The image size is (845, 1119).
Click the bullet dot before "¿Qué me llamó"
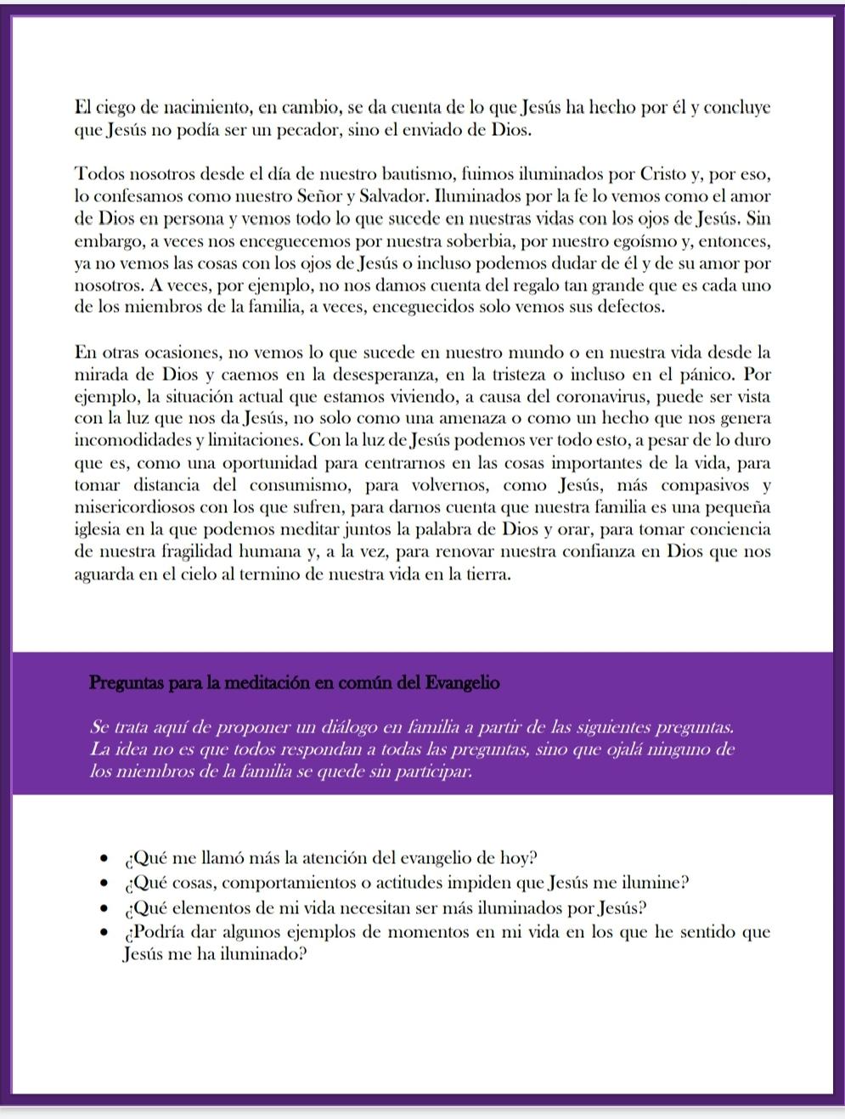click(x=104, y=858)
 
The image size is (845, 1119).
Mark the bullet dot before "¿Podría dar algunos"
click(x=104, y=933)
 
